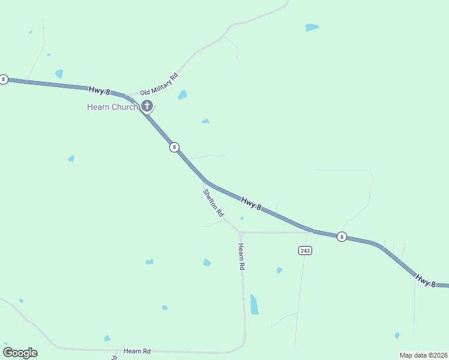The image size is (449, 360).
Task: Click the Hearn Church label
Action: [112, 107]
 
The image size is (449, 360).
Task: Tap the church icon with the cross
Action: [147, 106]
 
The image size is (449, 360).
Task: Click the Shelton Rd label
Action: [213, 203]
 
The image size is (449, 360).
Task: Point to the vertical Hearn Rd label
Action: [241, 256]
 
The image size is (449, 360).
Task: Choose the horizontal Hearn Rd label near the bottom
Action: [137, 350]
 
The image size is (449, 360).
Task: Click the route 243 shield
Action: [304, 250]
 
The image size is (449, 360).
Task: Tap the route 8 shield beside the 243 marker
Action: [342, 236]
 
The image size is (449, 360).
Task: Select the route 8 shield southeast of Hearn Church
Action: [174, 147]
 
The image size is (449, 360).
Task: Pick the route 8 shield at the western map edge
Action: [4, 79]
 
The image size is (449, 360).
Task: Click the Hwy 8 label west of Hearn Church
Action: [100, 91]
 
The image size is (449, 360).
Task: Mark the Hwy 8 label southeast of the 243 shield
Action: [426, 280]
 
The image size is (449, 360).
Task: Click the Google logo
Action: [20, 353]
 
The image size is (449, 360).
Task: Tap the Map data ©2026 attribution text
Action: [423, 355]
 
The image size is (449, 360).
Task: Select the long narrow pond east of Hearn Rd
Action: [254, 304]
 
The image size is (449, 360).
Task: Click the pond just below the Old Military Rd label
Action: [182, 95]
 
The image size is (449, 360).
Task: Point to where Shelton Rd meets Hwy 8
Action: [205, 181]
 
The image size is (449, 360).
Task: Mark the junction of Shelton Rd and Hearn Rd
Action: [240, 232]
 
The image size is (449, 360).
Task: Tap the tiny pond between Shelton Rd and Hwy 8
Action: [241, 218]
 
